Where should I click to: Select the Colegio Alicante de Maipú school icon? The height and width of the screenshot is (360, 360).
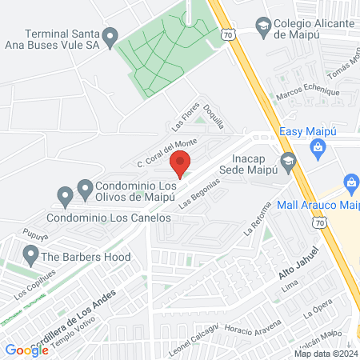[x=262, y=26]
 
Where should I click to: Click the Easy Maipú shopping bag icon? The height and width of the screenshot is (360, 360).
[x=318, y=146]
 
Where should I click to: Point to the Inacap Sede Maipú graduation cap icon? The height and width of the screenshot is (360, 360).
[x=289, y=159]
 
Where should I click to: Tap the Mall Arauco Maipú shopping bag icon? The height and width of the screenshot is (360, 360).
[x=350, y=182]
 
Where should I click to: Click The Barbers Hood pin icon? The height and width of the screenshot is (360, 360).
[x=30, y=256]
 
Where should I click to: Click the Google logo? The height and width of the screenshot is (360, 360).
[x=26, y=350]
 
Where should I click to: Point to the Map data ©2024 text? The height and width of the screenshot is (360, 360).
[x=325, y=354]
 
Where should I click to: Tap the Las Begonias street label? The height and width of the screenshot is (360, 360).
[x=198, y=196]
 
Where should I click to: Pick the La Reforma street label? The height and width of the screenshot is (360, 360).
[x=254, y=226]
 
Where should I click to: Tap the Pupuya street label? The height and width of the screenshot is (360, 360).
[x=32, y=237]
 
